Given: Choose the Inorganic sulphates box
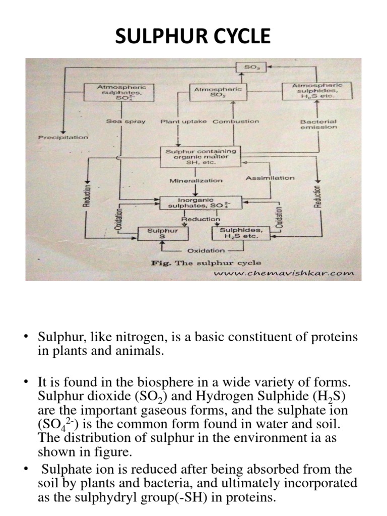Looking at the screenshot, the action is pos(201,203).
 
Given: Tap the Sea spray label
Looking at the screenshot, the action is pos(125,121).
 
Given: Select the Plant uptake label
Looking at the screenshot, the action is pos(183,121).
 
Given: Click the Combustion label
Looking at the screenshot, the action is pos(236,121).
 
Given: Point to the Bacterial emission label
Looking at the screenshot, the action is pos(318,124).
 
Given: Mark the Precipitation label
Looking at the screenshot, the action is pos(63,137).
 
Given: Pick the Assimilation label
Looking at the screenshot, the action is pos(270,178).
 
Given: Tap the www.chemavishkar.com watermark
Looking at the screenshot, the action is pos(284,274).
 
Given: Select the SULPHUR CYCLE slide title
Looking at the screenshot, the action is pos(193,36).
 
